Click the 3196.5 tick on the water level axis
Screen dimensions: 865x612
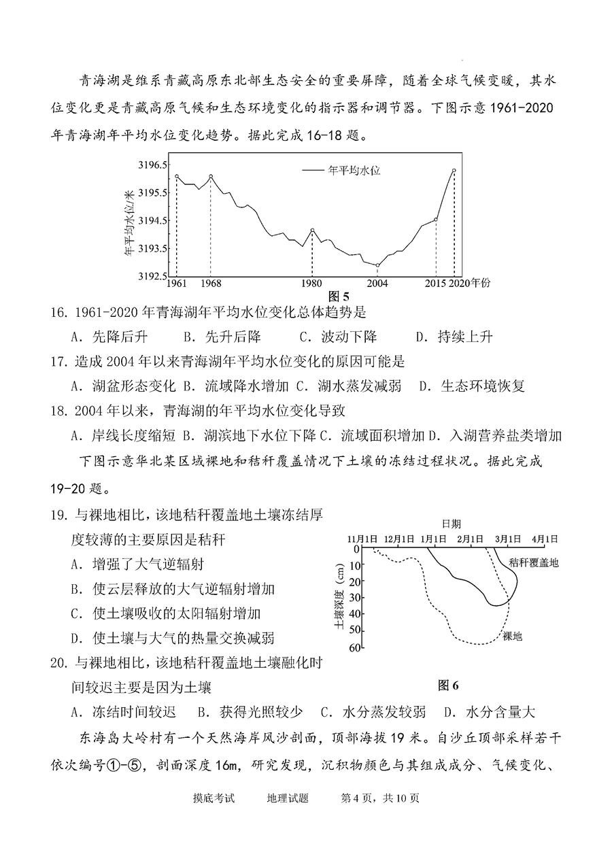[x=152, y=165]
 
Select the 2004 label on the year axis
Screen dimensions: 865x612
[x=377, y=283]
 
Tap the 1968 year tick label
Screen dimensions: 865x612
[x=210, y=283]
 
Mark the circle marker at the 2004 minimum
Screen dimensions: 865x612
[x=377, y=265]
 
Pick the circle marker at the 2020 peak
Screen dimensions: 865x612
[x=454, y=171]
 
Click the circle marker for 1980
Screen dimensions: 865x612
[x=312, y=231]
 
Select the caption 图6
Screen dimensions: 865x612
[x=449, y=685]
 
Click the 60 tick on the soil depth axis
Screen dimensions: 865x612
[x=353, y=647]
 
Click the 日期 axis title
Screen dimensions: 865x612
[x=450, y=524]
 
